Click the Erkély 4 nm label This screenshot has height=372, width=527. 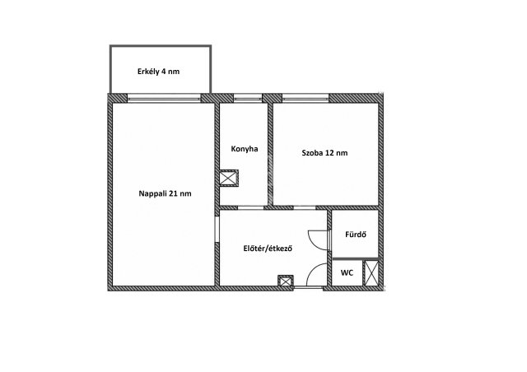coord(159,72)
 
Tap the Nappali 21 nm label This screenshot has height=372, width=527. coord(165,193)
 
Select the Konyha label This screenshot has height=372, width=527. coord(245,149)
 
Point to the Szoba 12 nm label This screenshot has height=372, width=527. coord(324,153)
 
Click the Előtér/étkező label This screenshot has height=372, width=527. coord(268,249)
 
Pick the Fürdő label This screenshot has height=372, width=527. coord(356,235)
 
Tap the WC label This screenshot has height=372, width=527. coord(347,273)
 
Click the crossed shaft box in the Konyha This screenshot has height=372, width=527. coord(229,178)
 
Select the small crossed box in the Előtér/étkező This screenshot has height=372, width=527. coord(286,281)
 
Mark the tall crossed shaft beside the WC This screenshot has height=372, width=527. coord(371,272)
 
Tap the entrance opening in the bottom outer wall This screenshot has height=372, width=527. coord(309,288)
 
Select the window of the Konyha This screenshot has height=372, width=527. coord(248,98)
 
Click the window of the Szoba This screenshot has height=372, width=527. coord(305,98)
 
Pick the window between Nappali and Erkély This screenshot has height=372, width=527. coord(165,98)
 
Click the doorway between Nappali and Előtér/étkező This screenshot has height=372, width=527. coord(217,229)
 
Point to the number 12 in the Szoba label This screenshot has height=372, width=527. coord(329,153)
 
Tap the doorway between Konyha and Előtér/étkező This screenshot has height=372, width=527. coord(250,207)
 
